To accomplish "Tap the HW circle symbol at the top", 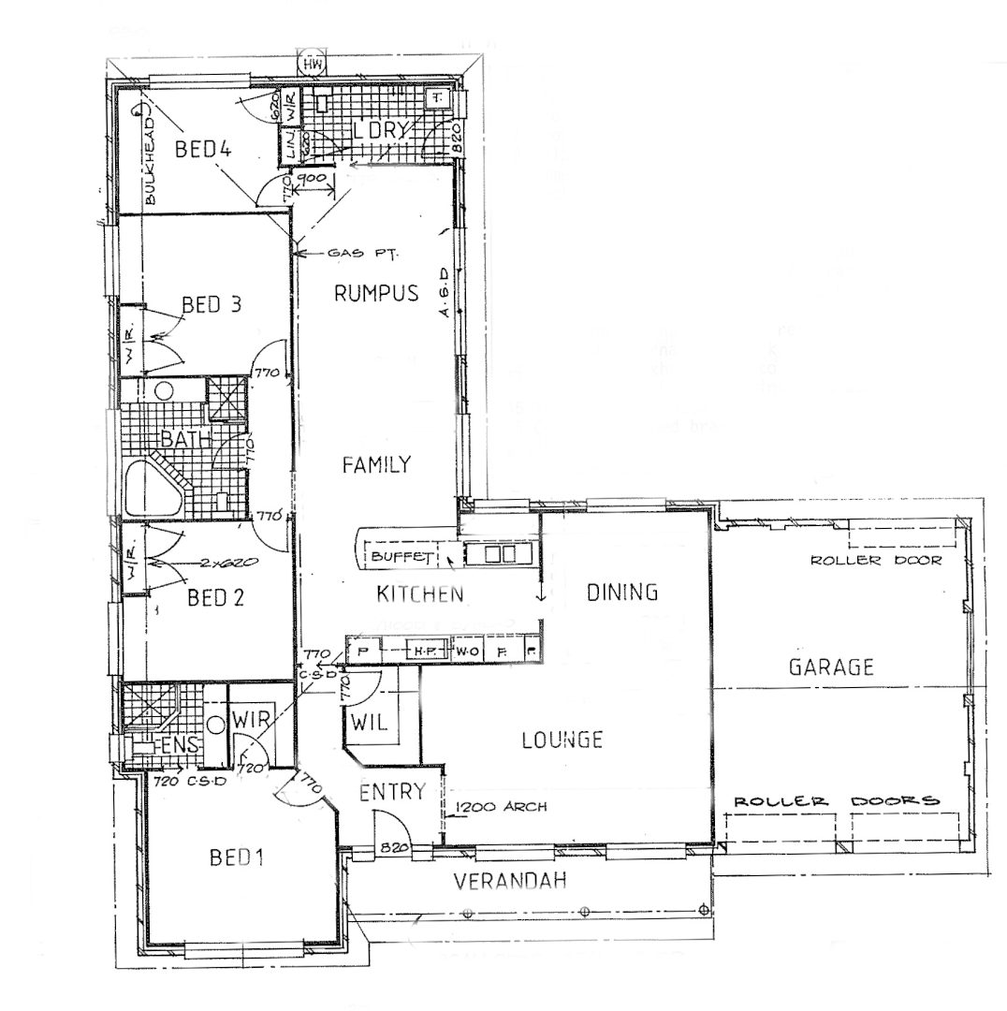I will [x=311, y=65].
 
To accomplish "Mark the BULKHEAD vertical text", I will [x=149, y=161].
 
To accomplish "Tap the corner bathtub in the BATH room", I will [x=152, y=489].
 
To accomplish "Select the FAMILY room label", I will [x=376, y=464].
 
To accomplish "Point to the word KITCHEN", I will [x=420, y=593].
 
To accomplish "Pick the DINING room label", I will [x=622, y=592].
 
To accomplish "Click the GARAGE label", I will [x=830, y=667].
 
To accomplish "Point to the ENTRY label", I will [x=393, y=793].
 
